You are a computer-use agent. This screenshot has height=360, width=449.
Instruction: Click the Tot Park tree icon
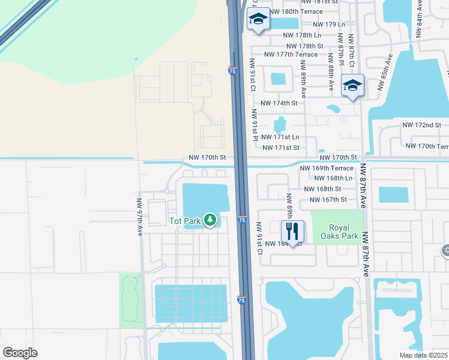(210, 220)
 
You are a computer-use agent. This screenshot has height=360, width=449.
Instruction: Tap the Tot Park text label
(184, 221)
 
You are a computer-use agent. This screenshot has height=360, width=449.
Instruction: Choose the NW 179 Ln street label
(325, 24)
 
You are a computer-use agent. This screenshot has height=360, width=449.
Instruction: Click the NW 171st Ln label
(283, 137)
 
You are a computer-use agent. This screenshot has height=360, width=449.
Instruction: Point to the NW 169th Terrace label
(326, 169)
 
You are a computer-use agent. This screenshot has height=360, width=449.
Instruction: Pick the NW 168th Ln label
(333, 178)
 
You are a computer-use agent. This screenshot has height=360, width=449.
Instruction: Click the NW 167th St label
(327, 200)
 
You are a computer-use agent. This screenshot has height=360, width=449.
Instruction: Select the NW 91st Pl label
(255, 125)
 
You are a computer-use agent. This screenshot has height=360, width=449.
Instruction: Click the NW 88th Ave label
(331, 71)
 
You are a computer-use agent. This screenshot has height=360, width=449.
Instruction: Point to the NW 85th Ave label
(385, 71)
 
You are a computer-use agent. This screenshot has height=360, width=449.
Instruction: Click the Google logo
(20, 352)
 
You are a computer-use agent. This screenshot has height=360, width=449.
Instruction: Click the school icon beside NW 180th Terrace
(258, 19)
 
